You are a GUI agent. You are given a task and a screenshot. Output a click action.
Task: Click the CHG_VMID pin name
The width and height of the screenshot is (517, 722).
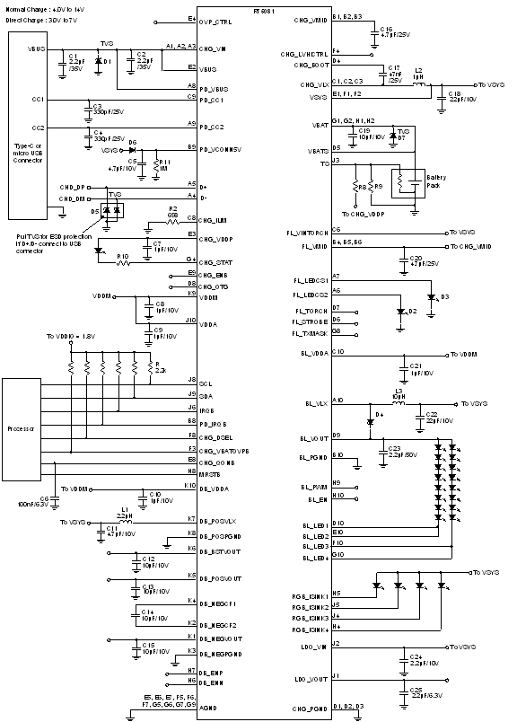tap(311, 20)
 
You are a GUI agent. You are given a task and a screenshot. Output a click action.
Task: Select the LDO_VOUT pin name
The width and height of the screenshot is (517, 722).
tap(311, 679)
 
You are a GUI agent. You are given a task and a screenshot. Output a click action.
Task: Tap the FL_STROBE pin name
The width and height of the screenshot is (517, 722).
tap(311, 321)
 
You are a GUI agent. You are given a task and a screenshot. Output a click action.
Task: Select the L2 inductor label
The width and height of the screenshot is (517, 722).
tap(418, 69)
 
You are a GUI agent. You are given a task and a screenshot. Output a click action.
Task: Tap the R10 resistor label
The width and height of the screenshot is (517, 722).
tap(122, 256)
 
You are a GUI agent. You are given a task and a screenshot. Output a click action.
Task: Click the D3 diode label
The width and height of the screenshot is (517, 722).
tap(444, 296)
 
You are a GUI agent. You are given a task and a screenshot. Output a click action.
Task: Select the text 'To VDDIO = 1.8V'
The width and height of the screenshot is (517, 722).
tap(72, 338)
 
